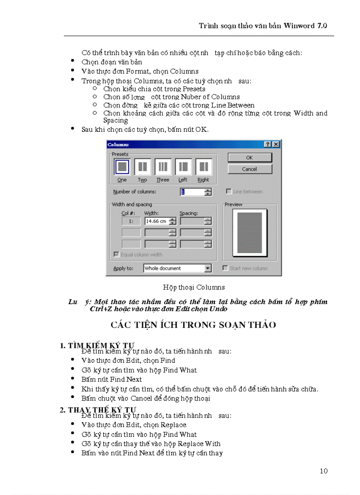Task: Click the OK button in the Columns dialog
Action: [250, 157]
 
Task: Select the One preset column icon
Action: [122, 167]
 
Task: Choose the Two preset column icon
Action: [142, 167]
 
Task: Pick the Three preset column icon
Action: [163, 167]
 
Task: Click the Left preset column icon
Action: [183, 167]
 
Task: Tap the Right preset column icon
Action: [203, 167]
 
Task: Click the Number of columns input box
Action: [192, 192]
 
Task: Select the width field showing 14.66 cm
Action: [156, 221]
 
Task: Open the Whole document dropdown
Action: [208, 268]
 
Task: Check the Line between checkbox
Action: [229, 192]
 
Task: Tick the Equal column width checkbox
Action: [116, 254]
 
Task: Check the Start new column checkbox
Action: [226, 268]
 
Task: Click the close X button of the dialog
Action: [276, 145]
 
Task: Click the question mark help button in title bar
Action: [268, 145]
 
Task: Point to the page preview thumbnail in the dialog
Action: [250, 234]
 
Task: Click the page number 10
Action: [323, 471]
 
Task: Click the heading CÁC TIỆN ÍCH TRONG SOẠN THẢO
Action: [193, 325]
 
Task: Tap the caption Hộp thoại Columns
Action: [194, 287]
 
